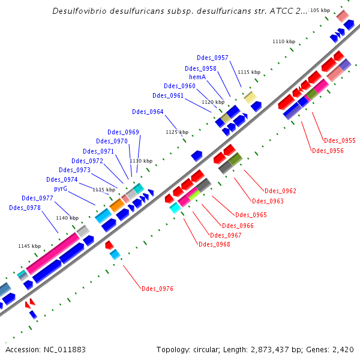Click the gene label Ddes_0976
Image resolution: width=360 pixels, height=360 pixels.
click(157, 289)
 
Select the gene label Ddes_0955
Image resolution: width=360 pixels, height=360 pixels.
click(340, 140)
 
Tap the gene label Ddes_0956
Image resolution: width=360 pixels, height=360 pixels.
click(328, 151)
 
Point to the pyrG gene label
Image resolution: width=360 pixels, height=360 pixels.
click(61, 188)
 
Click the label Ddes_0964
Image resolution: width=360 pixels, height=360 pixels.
click(148, 112)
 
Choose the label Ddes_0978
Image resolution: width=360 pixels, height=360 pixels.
click(25, 208)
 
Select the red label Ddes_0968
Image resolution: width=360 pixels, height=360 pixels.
click(214, 244)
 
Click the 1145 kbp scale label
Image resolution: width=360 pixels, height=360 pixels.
click(29, 246)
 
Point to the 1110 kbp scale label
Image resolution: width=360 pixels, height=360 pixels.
click(284, 41)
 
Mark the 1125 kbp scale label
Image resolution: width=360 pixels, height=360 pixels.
click(176, 132)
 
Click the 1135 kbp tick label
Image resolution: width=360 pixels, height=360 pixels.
click(103, 190)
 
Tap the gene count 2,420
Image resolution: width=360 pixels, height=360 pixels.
click(343, 349)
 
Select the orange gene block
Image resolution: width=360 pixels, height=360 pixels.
click(117, 205)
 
